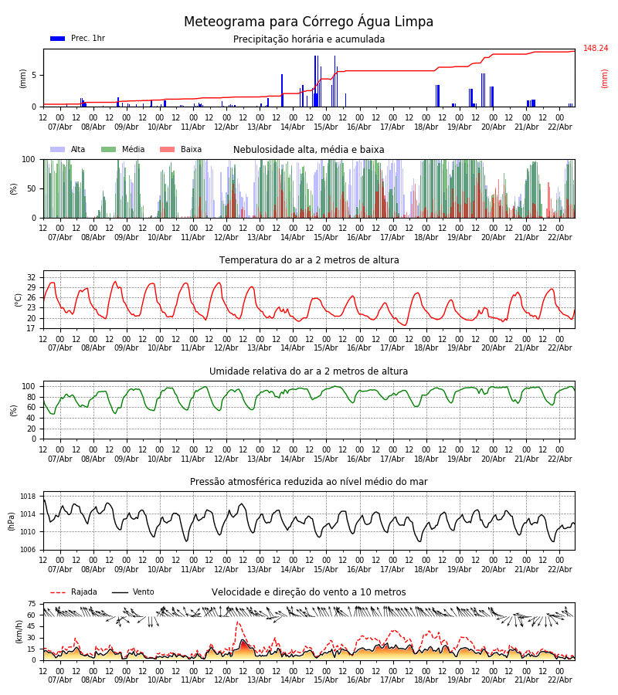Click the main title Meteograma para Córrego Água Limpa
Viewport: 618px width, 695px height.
click(308, 22)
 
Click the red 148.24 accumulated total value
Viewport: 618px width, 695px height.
click(596, 49)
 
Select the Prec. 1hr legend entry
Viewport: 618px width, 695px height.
click(77, 39)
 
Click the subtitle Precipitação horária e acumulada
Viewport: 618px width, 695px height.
click(309, 39)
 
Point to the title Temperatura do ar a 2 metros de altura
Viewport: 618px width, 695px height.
click(309, 260)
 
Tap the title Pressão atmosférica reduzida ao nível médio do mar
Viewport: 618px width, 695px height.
click(309, 482)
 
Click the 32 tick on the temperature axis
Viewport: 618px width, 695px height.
click(32, 277)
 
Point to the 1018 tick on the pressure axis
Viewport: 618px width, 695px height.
click(29, 497)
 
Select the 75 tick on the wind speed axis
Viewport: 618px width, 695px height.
click(32, 604)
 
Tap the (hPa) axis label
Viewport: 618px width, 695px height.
click(12, 520)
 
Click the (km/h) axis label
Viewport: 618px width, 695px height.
click(19, 631)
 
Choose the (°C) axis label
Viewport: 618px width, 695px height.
click(19, 300)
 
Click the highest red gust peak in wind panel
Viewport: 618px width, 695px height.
click(238, 622)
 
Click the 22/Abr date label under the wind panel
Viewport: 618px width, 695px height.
click(559, 680)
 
